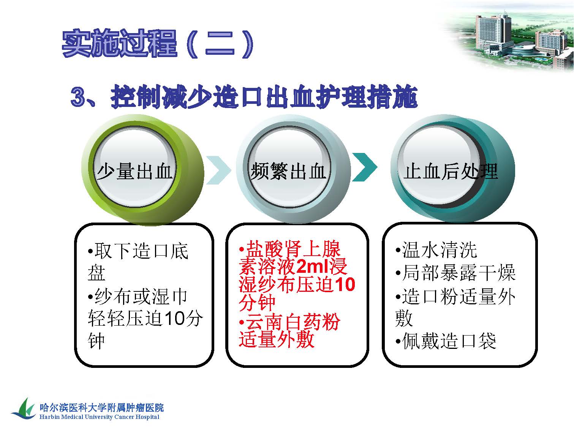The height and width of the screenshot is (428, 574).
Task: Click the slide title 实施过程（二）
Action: click(158, 44)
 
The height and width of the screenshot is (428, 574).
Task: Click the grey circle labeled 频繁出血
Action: click(293, 169)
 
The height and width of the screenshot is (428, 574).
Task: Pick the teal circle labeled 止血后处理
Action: click(453, 169)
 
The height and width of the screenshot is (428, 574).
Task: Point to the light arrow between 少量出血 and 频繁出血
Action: click(219, 170)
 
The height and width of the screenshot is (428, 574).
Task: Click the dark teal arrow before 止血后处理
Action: click(365, 167)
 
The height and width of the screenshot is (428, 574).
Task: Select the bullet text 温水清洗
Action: click(436, 250)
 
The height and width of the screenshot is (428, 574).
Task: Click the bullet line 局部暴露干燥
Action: click(455, 273)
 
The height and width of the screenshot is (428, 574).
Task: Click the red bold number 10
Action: click(345, 284)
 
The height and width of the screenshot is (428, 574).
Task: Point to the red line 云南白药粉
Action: click(289, 322)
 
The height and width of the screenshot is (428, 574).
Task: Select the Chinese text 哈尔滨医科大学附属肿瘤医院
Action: click(102, 407)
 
